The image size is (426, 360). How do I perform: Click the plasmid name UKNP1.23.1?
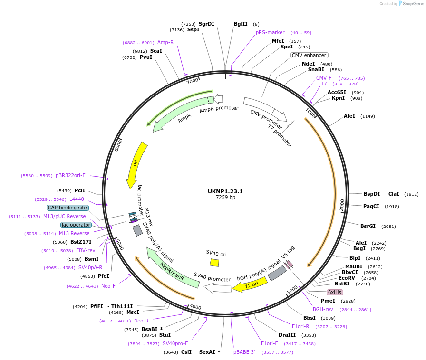point(225,191)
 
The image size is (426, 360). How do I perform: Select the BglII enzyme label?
point(241,24)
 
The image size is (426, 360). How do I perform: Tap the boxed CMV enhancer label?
point(309,55)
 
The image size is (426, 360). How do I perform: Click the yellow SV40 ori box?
point(214,263)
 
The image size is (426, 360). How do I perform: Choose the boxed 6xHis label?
point(335,292)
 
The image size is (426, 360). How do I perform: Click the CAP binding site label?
point(67,208)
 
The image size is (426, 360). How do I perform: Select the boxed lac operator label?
point(76,225)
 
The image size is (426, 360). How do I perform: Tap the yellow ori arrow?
point(136,165)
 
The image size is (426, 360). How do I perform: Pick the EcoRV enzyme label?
point(347,278)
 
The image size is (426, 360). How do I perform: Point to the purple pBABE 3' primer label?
point(244,352)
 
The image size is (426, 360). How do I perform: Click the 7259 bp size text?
point(225,198)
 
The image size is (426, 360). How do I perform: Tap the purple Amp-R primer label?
point(165,42)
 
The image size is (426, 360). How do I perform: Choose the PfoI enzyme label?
point(104,276)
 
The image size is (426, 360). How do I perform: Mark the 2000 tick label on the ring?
point(342,205)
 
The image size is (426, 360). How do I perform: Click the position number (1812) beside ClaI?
point(411,194)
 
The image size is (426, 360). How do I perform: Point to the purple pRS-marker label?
point(270,32)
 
